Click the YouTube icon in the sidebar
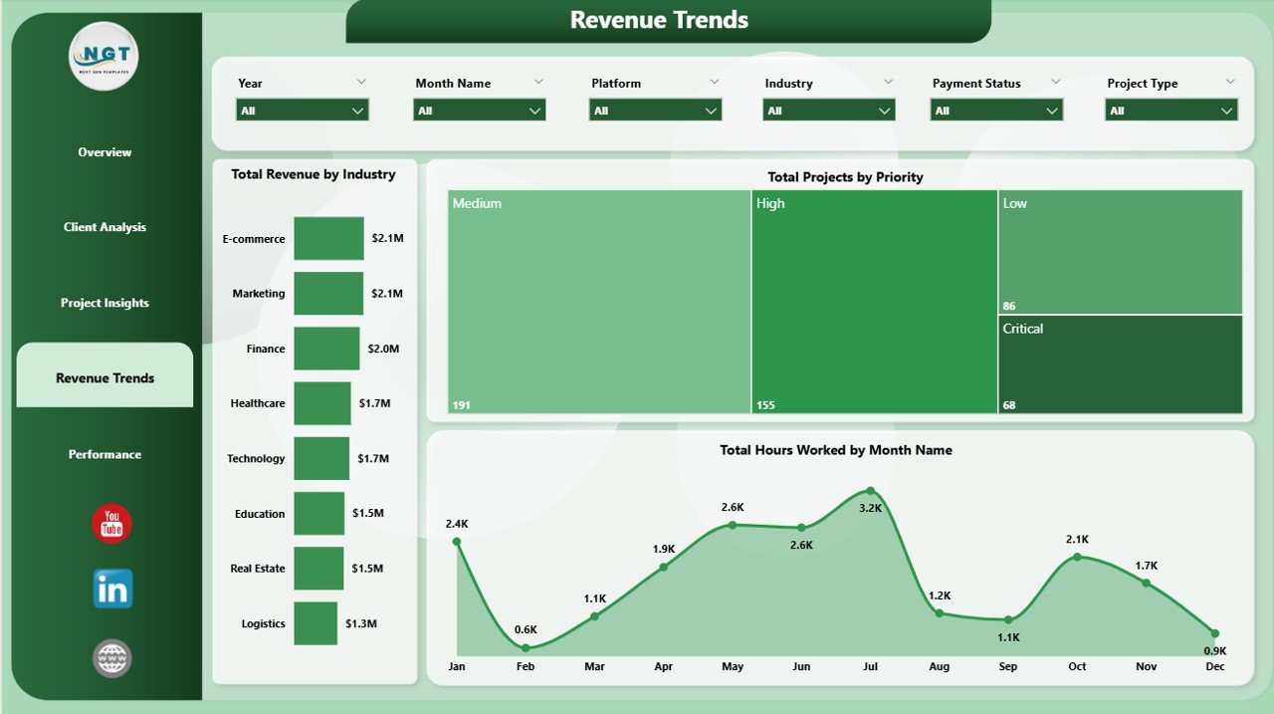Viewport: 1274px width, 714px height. pyautogui.click(x=111, y=524)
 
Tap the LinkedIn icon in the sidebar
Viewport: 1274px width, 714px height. pyautogui.click(x=112, y=590)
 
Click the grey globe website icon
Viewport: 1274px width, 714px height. pyautogui.click(x=111, y=658)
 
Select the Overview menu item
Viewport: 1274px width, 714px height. pyautogui.click(x=105, y=152)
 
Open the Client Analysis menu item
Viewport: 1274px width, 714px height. pyautogui.click(x=105, y=227)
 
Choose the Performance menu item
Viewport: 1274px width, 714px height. pyautogui.click(x=105, y=454)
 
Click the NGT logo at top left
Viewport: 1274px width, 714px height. pyautogui.click(x=104, y=57)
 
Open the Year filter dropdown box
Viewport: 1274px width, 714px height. pyautogui.click(x=303, y=111)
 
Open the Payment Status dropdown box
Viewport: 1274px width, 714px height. pyautogui.click(x=996, y=111)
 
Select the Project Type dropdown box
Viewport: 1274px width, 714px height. pyautogui.click(x=1171, y=111)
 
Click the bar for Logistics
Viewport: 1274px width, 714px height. pyautogui.click(x=316, y=623)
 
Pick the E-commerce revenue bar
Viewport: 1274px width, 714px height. pyautogui.click(x=328, y=239)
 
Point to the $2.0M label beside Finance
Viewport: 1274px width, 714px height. pyautogui.click(x=383, y=350)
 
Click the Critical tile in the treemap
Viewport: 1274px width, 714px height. pyautogui.click(x=1120, y=364)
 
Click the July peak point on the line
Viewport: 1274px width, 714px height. pyautogui.click(x=870, y=491)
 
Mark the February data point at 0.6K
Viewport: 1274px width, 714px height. pyautogui.click(x=526, y=648)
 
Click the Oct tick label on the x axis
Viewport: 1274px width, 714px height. pyautogui.click(x=1077, y=666)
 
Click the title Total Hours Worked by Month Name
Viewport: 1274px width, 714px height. pyautogui.click(x=836, y=450)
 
